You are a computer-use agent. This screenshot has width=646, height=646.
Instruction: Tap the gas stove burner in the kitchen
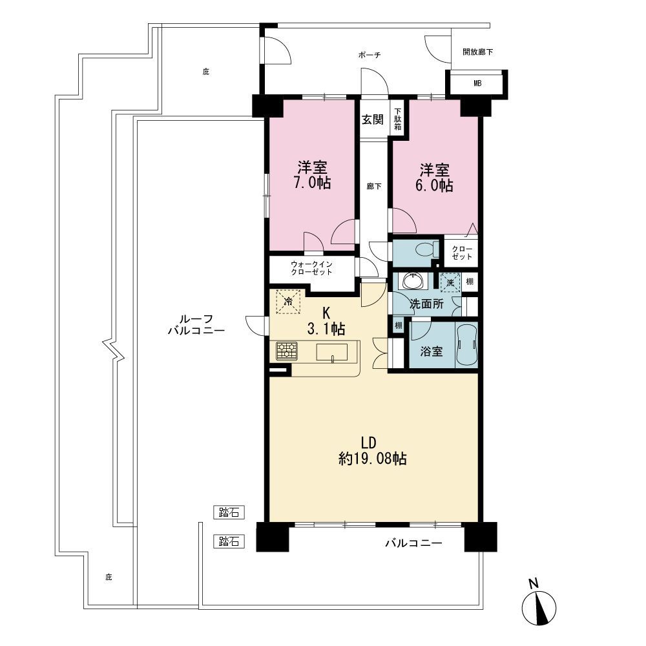point(286,352)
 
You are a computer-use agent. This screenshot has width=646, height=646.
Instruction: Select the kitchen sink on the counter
point(331,353)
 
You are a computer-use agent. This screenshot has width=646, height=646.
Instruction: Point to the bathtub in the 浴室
point(467,345)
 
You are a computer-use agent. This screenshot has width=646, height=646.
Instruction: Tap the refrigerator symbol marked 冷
point(289,302)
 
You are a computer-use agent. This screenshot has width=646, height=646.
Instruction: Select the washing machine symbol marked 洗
point(450,283)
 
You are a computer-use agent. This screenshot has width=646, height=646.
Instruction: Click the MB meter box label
point(477,83)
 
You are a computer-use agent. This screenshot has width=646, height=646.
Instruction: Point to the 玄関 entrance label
point(373,120)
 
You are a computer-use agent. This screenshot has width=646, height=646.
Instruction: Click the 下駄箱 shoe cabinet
point(397,119)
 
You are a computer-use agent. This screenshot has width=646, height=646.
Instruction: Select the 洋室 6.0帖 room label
point(435,178)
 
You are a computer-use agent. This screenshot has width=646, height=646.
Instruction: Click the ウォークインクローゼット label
point(311,268)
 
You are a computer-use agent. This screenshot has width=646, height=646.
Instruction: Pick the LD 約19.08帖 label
point(373,451)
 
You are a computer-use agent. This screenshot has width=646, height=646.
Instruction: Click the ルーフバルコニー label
point(196,325)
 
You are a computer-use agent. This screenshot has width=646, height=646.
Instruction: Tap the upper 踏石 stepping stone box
point(229,512)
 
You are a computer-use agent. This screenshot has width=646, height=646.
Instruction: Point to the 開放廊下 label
point(477,52)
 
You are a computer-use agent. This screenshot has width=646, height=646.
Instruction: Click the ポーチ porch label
point(370,55)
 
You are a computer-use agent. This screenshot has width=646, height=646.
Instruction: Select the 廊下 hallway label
point(374,187)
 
